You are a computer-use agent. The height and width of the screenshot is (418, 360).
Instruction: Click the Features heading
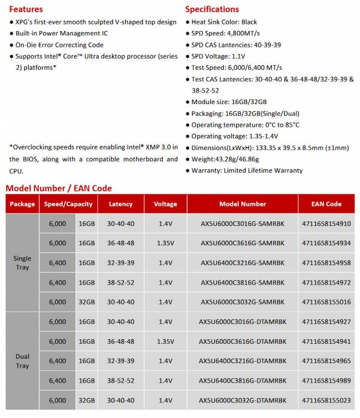point(26,9)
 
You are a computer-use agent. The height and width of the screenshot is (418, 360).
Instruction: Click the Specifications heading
point(212,9)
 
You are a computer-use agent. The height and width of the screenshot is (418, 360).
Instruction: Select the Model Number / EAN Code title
point(59,188)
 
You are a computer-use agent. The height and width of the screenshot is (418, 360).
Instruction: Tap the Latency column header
point(121,204)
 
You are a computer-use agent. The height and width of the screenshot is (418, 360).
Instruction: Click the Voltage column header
point(165,204)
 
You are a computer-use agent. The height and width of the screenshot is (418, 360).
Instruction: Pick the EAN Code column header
point(326,204)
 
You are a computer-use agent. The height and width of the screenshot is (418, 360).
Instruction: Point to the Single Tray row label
point(22,263)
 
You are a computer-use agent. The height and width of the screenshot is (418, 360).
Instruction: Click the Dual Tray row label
point(22,361)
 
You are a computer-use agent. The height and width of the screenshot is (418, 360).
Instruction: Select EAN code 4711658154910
point(326,224)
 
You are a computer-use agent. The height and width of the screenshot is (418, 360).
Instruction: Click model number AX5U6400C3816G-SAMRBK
point(243,282)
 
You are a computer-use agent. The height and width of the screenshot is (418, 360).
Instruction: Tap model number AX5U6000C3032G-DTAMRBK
point(243,400)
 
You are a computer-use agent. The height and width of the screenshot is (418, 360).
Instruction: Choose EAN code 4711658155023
point(326,400)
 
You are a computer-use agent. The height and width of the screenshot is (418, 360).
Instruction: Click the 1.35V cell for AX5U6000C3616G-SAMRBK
point(165,243)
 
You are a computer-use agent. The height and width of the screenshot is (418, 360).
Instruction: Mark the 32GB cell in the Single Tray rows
point(86,302)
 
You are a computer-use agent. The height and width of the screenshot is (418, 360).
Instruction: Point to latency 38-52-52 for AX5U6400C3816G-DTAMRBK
point(121,381)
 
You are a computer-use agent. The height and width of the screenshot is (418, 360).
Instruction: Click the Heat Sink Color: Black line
point(224,22)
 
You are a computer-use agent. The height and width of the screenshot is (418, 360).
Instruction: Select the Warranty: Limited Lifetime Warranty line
point(246,171)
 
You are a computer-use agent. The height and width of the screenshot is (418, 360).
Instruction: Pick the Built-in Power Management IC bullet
point(61,34)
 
